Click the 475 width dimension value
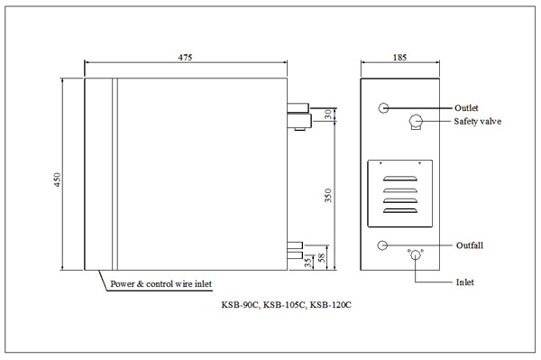(185, 58)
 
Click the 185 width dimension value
(399, 58)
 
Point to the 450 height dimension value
(57, 180)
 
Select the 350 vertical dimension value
(328, 196)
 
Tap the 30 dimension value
(328, 115)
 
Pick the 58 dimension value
(322, 258)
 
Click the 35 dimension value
(308, 262)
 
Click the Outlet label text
(466, 108)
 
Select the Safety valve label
(478, 122)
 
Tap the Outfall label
(470, 245)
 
